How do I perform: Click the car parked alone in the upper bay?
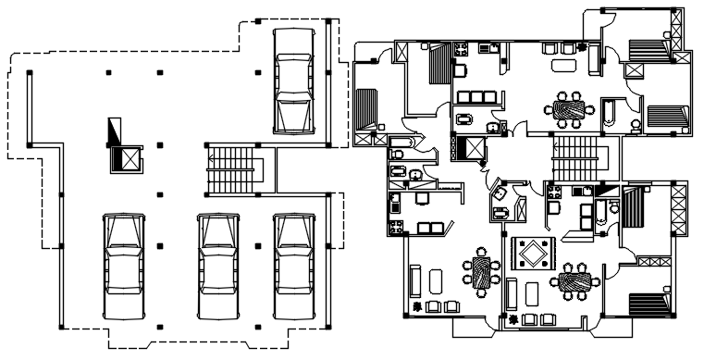[293, 80]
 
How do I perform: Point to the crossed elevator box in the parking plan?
[125, 159]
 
